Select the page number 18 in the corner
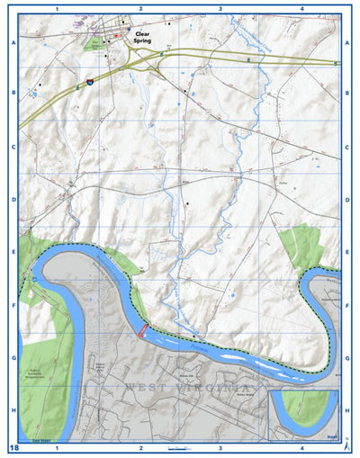13,447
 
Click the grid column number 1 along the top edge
57,7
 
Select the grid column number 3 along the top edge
220,7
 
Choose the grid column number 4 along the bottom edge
301,447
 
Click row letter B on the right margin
347,93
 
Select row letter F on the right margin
347,305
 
